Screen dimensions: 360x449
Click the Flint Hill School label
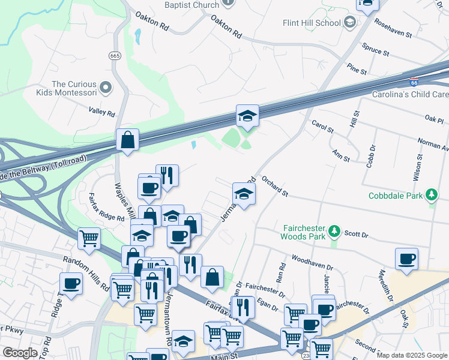coord(312,23)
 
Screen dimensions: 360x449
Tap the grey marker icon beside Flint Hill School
coord(350,23)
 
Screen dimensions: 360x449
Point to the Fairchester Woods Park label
coord(303,232)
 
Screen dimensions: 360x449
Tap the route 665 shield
coord(115,55)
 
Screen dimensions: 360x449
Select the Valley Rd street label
coord(101,112)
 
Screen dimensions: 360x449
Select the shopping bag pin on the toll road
coord(127,140)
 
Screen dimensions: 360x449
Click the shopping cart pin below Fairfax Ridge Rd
coord(89,238)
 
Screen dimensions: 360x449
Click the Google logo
coord(20,353)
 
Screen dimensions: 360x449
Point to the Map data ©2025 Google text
coord(412,355)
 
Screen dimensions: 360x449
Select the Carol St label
coord(322,129)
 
